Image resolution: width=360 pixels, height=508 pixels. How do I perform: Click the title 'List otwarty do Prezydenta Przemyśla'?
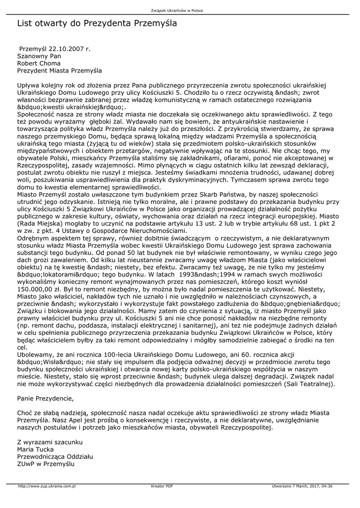(97, 23)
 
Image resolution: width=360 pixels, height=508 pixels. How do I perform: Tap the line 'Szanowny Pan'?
(39, 57)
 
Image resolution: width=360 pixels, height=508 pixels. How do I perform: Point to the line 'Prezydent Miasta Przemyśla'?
(59, 70)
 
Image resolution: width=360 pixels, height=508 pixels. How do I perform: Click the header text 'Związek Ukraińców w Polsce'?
(180, 10)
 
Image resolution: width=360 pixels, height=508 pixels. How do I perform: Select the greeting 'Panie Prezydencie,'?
(45, 398)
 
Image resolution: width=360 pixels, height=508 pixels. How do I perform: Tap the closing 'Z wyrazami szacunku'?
(50, 442)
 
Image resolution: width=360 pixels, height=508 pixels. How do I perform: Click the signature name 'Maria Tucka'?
(36, 449)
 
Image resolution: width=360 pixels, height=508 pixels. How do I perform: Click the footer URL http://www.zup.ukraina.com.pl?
(46, 486)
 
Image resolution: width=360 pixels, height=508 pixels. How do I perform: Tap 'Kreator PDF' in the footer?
(162, 486)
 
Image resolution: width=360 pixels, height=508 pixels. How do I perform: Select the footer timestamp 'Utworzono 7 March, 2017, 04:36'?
(302, 486)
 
